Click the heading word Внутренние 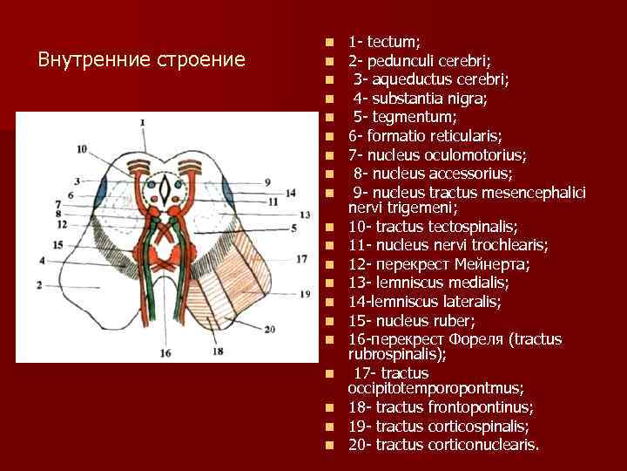[93, 60]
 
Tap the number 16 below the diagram [165, 353]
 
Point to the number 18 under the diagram [217, 351]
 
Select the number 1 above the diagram [142, 123]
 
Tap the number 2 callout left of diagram [39, 284]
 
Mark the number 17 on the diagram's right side [302, 259]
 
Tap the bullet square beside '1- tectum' [328, 42]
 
